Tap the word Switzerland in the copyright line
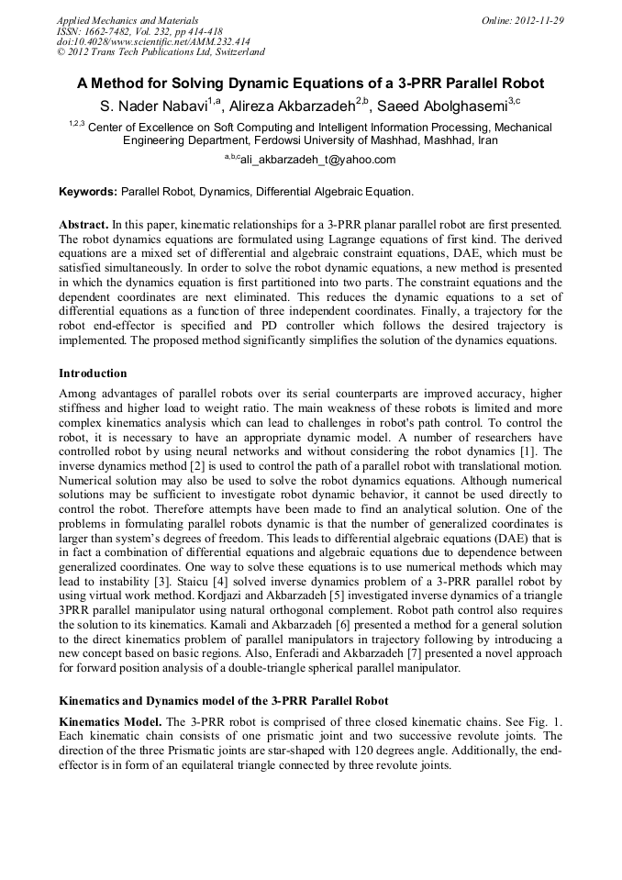click(x=233, y=52)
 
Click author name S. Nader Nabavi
click(x=152, y=106)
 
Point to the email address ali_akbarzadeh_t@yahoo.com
click(x=317, y=160)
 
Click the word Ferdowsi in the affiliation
click(x=283, y=141)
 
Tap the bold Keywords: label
click(x=88, y=192)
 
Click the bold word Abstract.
click(x=83, y=225)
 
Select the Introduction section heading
click(x=93, y=373)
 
